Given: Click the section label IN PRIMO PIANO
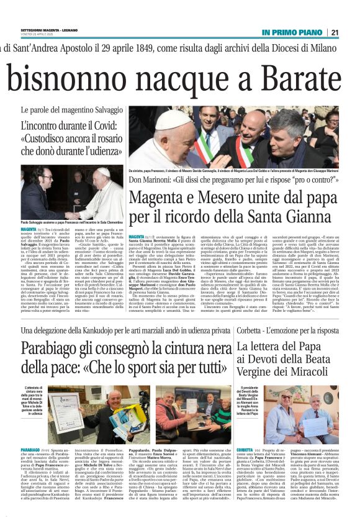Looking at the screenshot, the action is (x=294, y=32).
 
